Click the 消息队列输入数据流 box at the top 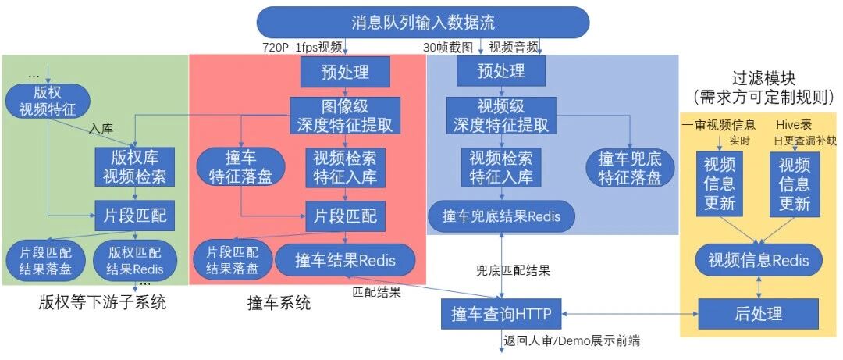pyautogui.click(x=423, y=23)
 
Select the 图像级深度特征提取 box pyautogui.click(x=345, y=115)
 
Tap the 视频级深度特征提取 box pyautogui.click(x=501, y=115)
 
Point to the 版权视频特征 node pyautogui.click(x=48, y=102)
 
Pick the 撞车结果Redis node pyautogui.click(x=345, y=261)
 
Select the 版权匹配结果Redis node pyautogui.click(x=135, y=261)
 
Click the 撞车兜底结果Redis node pyautogui.click(x=501, y=216)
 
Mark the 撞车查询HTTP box pyautogui.click(x=501, y=314)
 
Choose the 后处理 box pyautogui.click(x=758, y=314)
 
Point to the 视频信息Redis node pyautogui.click(x=758, y=261)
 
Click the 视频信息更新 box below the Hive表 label pyautogui.click(x=795, y=184)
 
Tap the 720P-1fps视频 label pyautogui.click(x=302, y=48)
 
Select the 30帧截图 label pyautogui.click(x=447, y=48)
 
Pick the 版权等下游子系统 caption pyautogui.click(x=102, y=302)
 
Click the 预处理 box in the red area pyautogui.click(x=345, y=71)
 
